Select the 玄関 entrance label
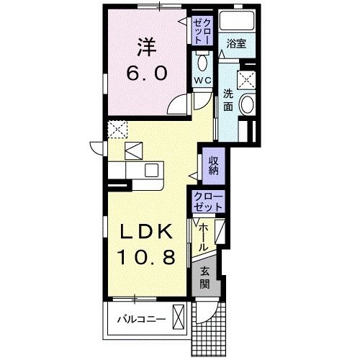point(204,276)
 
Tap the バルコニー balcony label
point(142,318)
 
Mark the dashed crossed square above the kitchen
point(116,130)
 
